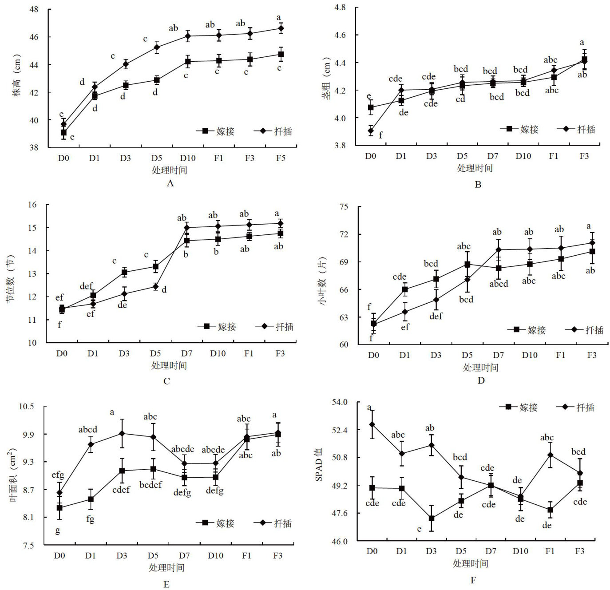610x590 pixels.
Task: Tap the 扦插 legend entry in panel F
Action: tap(576, 407)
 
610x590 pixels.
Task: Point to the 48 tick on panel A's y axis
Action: tap(34, 9)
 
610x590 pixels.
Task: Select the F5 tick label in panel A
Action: tap(281, 158)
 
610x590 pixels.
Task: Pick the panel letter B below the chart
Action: tap(478, 185)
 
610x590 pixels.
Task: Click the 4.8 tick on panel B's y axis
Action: tap(340, 8)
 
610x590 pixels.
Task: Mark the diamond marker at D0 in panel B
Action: tap(371, 131)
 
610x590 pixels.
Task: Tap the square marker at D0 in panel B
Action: tap(371, 107)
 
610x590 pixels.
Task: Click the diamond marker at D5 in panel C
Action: tap(156, 286)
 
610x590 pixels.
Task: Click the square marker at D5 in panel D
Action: tap(467, 264)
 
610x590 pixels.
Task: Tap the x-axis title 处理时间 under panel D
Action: tap(480, 368)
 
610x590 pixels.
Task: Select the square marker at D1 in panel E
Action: tap(91, 499)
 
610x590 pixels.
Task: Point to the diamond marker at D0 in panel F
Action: tap(372, 424)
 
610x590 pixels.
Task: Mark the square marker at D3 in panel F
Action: tap(431, 518)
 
